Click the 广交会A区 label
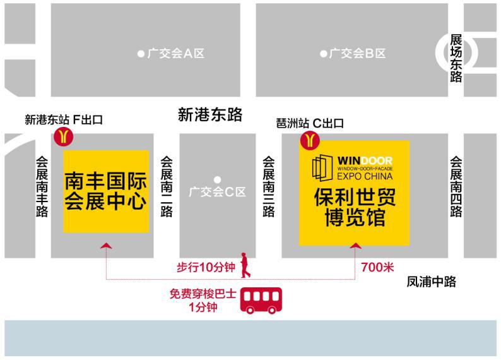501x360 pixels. point(176,54)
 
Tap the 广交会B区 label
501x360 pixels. point(358,54)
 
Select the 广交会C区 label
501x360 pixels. point(217,192)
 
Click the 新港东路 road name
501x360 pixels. point(210,114)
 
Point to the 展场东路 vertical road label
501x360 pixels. point(456,59)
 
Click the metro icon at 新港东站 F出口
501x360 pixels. point(64,136)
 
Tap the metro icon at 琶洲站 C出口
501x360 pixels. point(310,140)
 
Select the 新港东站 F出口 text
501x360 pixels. point(64,120)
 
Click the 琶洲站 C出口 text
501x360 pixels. point(310,123)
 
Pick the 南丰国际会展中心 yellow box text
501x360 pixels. point(106,191)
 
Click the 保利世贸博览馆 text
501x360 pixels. point(355,207)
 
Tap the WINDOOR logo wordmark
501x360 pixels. point(365,160)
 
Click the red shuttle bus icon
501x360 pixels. point(261,301)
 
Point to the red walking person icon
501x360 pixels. point(245,265)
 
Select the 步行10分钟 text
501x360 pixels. point(206,267)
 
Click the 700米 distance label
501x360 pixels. point(378,267)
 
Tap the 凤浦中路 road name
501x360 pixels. point(431,282)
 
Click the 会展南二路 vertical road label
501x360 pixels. point(167,187)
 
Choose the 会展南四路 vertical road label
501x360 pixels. point(456,187)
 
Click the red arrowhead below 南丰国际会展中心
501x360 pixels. point(107,246)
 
